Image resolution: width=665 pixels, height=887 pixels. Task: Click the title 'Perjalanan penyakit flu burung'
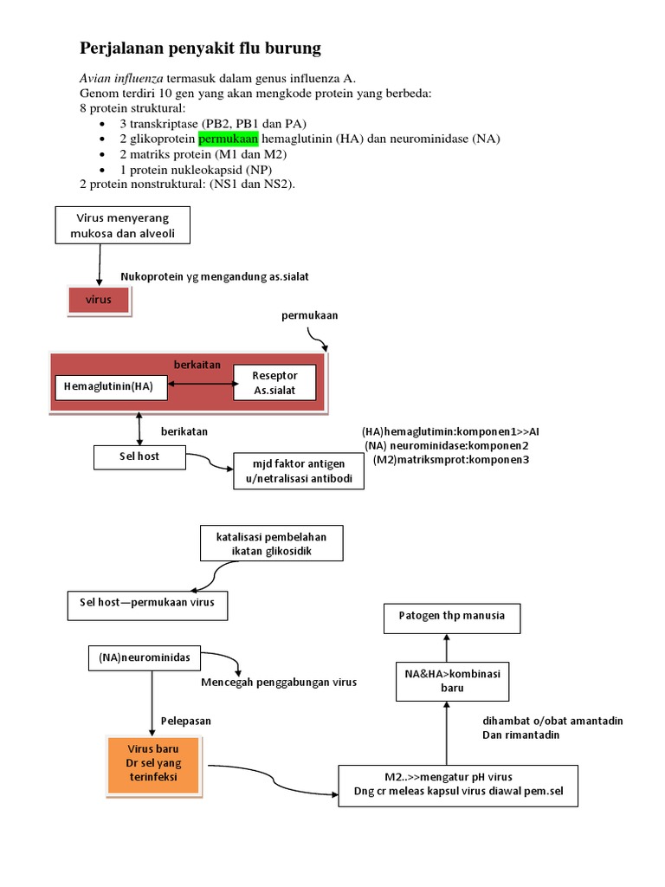(201, 47)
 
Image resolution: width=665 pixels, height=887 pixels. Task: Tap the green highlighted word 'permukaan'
(228, 139)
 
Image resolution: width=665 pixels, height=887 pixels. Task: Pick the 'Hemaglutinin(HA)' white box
(108, 386)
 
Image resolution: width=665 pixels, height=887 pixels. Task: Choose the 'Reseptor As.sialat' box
(274, 383)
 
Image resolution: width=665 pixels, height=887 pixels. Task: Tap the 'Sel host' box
(139, 456)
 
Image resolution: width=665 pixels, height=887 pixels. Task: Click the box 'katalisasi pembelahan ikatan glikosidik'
(270, 543)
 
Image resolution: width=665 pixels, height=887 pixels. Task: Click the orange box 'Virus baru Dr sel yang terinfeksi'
(152, 765)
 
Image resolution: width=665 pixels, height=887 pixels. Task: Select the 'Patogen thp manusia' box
(445, 618)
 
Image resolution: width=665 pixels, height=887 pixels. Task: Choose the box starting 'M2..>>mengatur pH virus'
(458, 784)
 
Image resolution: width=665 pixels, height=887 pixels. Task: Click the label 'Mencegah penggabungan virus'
(279, 683)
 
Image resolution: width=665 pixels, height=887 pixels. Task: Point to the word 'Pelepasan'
(186, 721)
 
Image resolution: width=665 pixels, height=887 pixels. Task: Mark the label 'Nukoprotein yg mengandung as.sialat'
(215, 276)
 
